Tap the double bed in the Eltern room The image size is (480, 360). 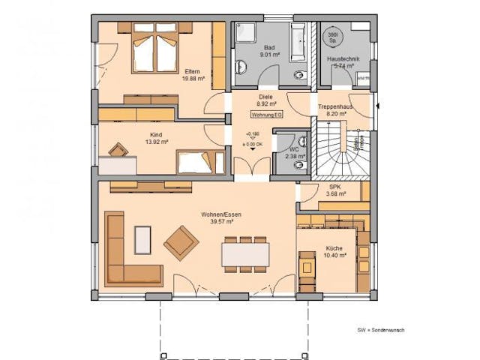click(155, 48)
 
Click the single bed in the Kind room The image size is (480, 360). click(197, 161)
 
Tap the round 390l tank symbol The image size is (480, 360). click(332, 37)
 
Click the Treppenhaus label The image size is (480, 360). click(335, 106)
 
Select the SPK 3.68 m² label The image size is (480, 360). click(336, 190)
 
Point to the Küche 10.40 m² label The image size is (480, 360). click(335, 252)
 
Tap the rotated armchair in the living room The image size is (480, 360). click(181, 241)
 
